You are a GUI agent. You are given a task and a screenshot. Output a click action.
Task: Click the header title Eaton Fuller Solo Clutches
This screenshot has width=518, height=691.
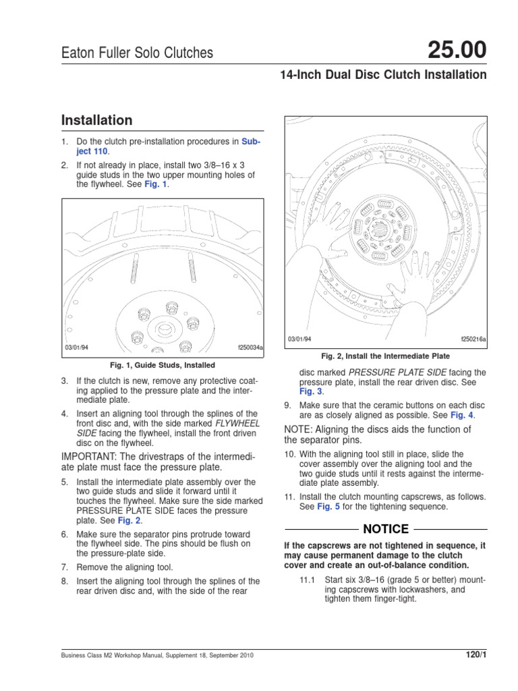pyautogui.click(x=137, y=53)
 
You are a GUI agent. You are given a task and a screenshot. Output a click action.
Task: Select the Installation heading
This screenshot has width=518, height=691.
pyautogui.click(x=96, y=121)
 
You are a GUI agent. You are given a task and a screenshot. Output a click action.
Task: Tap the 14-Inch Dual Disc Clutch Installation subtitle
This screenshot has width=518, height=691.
pyautogui.click(x=382, y=75)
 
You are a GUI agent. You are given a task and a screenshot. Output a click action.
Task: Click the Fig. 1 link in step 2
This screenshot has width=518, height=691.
pyautogui.click(x=155, y=184)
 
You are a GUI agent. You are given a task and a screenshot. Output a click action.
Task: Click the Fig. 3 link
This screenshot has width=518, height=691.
pyautogui.click(x=311, y=391)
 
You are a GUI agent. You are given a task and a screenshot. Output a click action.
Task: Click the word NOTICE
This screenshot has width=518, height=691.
pyautogui.click(x=386, y=529)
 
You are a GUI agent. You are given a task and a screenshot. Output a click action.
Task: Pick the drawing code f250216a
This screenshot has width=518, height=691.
pyautogui.click(x=473, y=338)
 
